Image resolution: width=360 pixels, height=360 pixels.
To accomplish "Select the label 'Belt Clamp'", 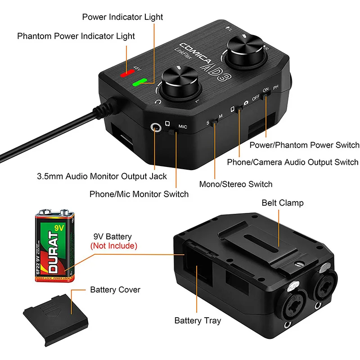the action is click(x=283, y=203).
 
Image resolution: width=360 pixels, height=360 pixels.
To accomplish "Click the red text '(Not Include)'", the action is click(x=114, y=246).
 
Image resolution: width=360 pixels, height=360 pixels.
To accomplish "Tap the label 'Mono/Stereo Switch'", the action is click(x=236, y=184).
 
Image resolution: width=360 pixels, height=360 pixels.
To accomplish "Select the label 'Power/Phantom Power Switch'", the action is click(x=305, y=145).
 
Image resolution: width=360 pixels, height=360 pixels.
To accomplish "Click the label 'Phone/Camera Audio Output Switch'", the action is click(x=292, y=162).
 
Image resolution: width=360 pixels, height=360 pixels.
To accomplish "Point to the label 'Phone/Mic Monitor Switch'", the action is click(x=139, y=194).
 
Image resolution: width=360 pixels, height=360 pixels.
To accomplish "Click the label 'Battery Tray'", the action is click(x=198, y=321).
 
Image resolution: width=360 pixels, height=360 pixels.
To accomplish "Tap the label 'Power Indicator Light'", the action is click(x=122, y=17).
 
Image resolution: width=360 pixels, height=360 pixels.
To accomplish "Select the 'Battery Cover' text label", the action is click(x=115, y=289).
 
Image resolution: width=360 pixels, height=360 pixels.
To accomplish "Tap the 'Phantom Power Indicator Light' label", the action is click(x=76, y=36).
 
